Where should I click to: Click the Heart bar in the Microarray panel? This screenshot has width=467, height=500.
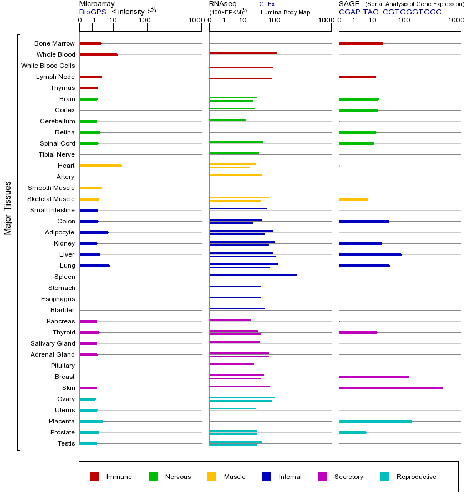[100, 166]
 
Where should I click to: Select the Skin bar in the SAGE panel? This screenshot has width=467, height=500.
[390, 388]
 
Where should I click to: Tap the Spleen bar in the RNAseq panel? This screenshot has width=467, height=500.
[253, 275]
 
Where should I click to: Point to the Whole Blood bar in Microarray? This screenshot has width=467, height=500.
[98, 54]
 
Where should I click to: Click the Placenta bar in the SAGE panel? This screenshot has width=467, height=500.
[375, 421]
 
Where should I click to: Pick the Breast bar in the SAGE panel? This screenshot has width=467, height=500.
[373, 377]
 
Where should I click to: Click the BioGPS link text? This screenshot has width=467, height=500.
[93, 11]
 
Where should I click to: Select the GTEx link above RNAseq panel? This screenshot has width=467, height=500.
[267, 4]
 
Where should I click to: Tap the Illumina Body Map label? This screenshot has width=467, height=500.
[285, 12]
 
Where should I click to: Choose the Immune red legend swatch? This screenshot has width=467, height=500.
[94, 477]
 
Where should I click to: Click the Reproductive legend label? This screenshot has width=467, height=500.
[416, 477]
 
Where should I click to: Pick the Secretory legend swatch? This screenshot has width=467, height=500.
[322, 477]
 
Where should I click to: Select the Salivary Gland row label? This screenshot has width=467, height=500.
[53, 343]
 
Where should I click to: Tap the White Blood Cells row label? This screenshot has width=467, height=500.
[48, 66]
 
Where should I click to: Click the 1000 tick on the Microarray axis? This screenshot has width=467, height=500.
[195, 21]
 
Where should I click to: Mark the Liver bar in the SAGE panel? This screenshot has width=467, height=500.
[370, 254]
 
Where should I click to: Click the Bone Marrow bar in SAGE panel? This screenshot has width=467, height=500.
[361, 43]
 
